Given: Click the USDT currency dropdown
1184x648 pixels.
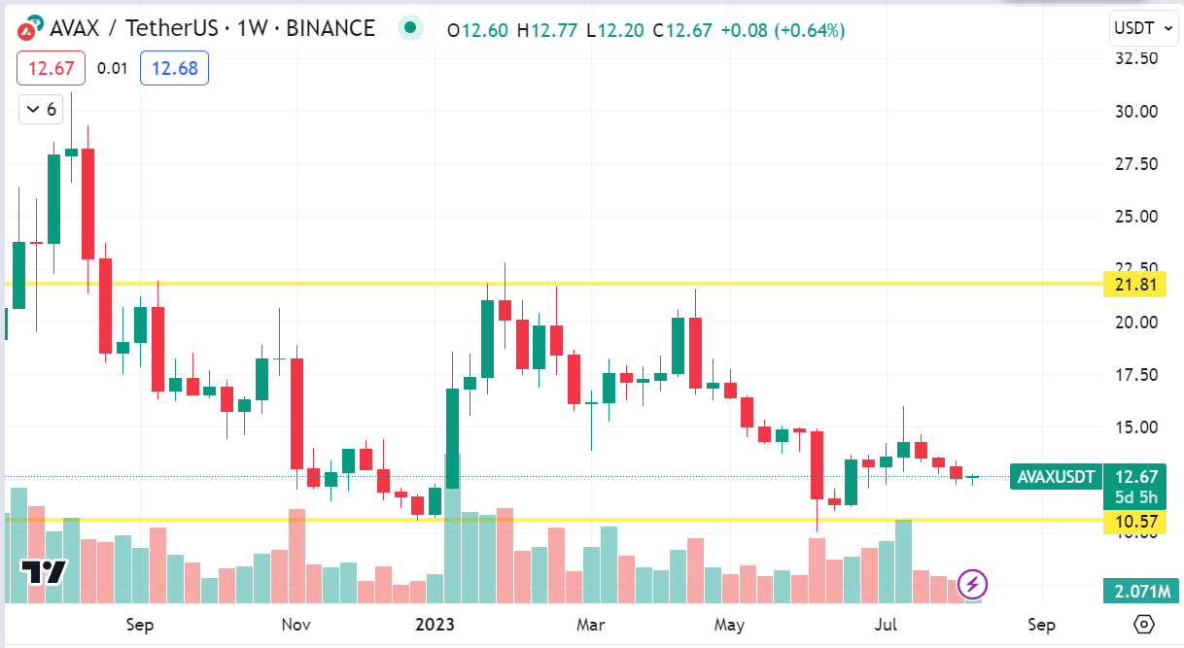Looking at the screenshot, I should (x=1144, y=28).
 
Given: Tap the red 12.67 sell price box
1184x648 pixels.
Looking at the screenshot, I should (x=51, y=68).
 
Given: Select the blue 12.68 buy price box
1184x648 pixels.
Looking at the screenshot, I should (x=174, y=68).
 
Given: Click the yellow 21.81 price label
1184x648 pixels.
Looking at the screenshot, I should (x=1135, y=285).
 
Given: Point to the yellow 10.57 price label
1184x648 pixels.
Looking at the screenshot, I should (x=1135, y=522).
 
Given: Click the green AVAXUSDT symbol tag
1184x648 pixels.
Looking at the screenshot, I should (x=1056, y=477).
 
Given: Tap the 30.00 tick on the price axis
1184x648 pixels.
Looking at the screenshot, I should (x=1135, y=111).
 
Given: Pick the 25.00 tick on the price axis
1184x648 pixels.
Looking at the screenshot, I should (x=1135, y=216).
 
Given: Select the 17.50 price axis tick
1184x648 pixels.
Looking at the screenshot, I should (x=1135, y=375).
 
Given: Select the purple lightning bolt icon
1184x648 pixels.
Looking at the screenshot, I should (x=973, y=585).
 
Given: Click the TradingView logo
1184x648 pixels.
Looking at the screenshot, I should (x=44, y=572).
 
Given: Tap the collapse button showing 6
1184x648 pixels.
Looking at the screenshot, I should (x=41, y=109).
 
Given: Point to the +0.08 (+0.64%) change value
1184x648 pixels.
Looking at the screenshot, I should (x=783, y=30).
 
